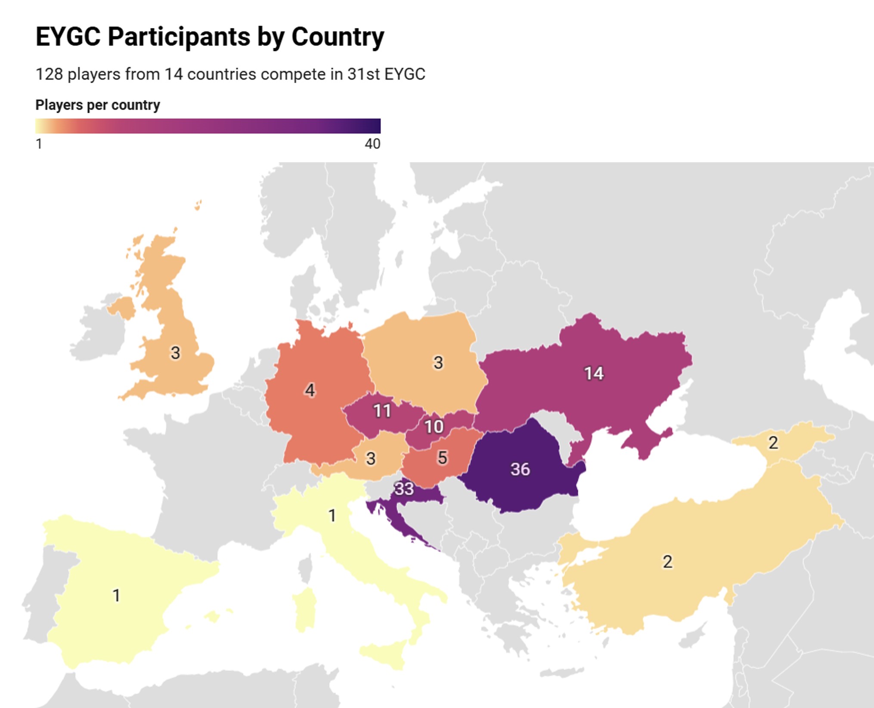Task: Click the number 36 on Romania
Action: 520,469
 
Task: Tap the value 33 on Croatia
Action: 404,488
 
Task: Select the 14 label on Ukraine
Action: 594,373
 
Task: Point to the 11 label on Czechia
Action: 382,411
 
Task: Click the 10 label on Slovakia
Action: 434,427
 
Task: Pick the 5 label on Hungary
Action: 442,458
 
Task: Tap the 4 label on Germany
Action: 310,390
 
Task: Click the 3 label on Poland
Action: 438,362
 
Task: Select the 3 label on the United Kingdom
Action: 175,353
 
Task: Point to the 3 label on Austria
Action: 370,458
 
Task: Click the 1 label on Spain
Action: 116,595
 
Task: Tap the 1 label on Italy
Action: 332,515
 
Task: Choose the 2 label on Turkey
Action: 667,562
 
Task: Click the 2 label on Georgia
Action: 773,442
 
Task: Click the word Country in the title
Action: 338,37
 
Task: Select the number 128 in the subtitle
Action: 50,74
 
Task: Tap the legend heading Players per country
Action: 98,105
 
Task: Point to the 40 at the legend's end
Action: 372,144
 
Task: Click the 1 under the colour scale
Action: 39,144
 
